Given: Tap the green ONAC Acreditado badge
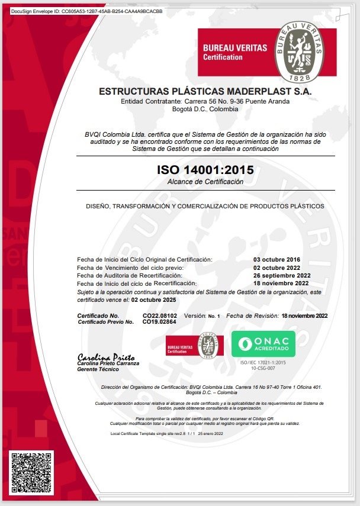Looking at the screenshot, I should click(262, 344).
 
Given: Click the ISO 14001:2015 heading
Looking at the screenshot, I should click(205, 170).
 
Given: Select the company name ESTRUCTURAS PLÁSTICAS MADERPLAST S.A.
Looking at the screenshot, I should click(205, 92).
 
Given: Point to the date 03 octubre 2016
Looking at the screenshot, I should click(277, 260).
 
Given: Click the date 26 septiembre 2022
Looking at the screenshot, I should click(281, 275).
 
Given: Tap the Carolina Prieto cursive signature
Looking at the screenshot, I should click(106, 357).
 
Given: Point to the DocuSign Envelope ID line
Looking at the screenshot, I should click(83, 11).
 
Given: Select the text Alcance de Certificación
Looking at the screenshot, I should click(205, 182).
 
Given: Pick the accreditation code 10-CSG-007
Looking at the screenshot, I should click(263, 368).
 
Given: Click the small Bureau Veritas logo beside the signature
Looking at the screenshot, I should click(194, 346).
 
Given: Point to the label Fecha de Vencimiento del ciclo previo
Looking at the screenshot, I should click(130, 267).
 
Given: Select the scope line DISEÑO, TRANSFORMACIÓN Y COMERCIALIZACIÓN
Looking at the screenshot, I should click(205, 206).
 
